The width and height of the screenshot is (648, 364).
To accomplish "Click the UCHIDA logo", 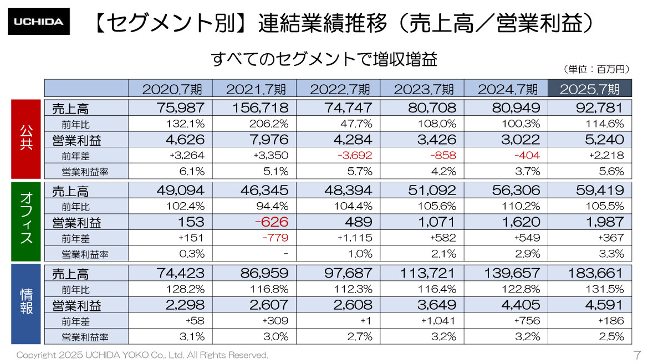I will (x=38, y=22).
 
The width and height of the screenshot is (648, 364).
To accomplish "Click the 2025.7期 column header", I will (x=590, y=89).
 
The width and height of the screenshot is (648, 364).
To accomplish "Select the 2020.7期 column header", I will (x=170, y=89).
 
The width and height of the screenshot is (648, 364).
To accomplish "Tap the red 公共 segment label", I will (x=26, y=139).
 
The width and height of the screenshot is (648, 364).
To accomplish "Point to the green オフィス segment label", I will (x=26, y=221).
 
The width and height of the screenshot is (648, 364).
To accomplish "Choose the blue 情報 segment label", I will (x=26, y=304).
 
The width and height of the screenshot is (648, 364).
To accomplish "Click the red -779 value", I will (x=277, y=238).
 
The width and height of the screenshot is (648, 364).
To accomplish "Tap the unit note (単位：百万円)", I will (x=596, y=69).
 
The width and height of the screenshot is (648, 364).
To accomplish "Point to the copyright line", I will (x=142, y=355).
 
